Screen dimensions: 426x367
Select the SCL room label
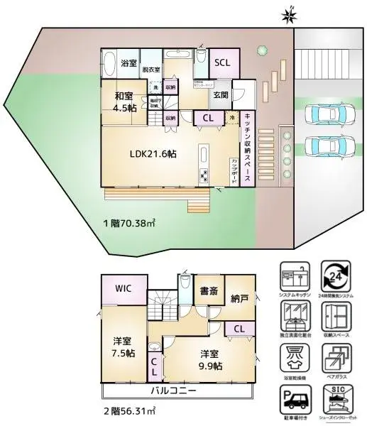(x=223, y=62)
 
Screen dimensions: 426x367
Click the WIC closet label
(x=124, y=290)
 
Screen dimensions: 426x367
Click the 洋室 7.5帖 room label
(x=123, y=346)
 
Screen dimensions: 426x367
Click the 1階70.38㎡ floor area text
(x=129, y=222)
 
